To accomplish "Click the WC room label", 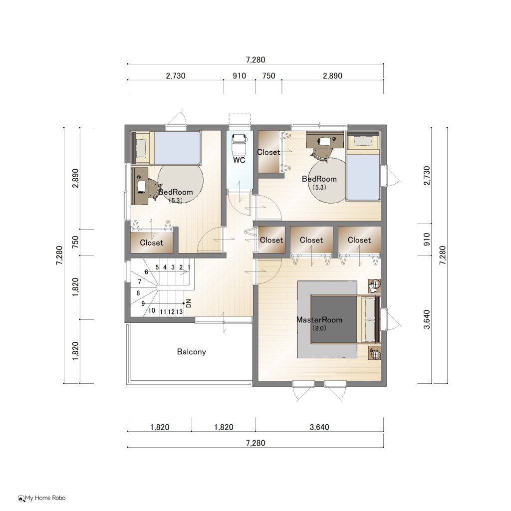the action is click(239, 160).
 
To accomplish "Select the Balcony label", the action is click(191, 352).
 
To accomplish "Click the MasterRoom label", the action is click(319, 320).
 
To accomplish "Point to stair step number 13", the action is click(179, 312).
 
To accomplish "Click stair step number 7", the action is click(140, 281).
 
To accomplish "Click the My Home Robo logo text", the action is click(42, 498).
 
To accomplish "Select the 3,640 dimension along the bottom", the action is click(319, 427).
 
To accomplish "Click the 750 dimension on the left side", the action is click(75, 242).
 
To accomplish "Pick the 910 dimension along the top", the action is click(239, 76).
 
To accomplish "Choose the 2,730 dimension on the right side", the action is click(427, 175).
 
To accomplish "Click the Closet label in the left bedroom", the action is click(152, 243).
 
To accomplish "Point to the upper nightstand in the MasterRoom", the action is click(375, 286).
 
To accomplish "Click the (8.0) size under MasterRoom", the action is click(319, 328).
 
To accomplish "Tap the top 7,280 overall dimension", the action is click(256, 60).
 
